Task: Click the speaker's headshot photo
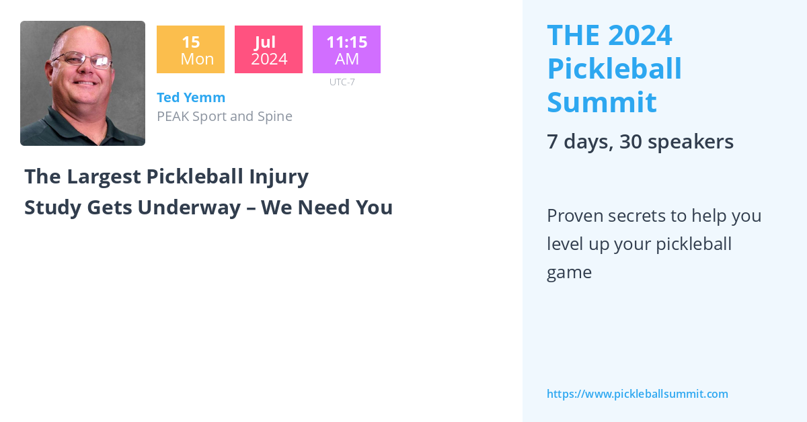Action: coord(83,83)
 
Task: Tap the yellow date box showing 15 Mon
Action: coord(190,50)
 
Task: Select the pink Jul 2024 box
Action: coord(268,50)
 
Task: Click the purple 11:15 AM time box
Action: coord(346,50)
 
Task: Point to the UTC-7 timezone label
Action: coord(342,82)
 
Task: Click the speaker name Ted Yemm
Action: coord(191,97)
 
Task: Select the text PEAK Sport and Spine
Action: coord(225,116)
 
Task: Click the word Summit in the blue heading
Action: coord(602,102)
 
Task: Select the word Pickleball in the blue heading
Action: coord(615,69)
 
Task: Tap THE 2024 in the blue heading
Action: coord(609,35)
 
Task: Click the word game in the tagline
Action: coord(569,273)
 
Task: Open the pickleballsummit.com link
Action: coord(637,394)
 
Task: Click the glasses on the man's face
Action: coord(82,61)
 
